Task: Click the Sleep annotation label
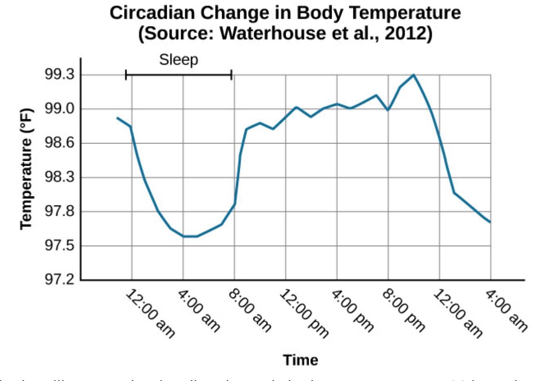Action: (178, 60)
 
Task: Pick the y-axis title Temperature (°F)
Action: (26, 169)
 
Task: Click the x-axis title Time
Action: (301, 360)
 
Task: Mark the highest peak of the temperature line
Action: (414, 75)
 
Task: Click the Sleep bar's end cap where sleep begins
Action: (126, 75)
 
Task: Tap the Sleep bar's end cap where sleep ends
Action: (232, 75)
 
